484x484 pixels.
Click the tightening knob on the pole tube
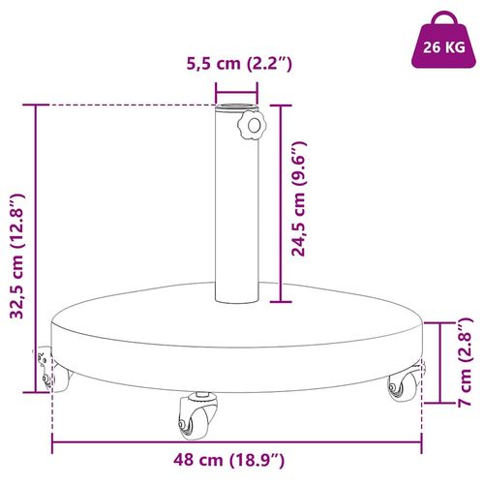tap(253, 127)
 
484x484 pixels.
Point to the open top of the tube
tap(237, 102)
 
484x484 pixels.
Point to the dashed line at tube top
tap(126, 105)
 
